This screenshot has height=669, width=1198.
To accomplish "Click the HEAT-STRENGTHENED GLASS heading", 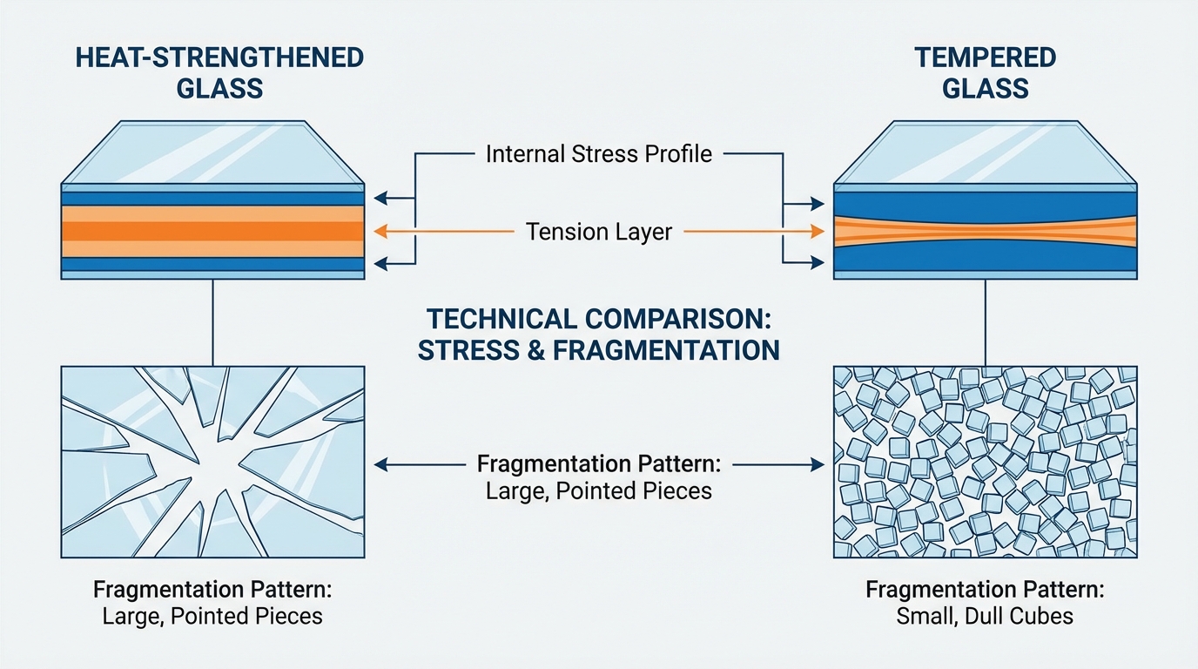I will [x=219, y=72].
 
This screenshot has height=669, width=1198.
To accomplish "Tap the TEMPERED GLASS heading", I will [x=985, y=72].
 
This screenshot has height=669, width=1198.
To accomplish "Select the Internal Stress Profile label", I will [x=599, y=154].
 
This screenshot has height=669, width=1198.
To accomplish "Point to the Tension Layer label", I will [x=599, y=232].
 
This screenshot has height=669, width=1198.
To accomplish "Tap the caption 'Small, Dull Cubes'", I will [x=985, y=617].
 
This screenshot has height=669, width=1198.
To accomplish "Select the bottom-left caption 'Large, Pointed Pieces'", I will [x=212, y=617].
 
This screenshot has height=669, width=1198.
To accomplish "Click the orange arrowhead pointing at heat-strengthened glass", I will [x=378, y=232].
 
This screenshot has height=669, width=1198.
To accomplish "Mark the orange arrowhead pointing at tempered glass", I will [x=818, y=232].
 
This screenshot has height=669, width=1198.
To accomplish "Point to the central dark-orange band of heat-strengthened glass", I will [x=212, y=231].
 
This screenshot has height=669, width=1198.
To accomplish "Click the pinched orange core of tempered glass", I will [x=985, y=231].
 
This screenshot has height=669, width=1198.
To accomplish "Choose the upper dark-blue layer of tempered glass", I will [x=985, y=203].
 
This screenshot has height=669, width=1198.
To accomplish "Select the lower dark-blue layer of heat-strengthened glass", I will [x=212, y=263].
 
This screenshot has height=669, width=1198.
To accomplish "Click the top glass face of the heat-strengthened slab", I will [x=212, y=153].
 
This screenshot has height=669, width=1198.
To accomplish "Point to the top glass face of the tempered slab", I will [x=985, y=153].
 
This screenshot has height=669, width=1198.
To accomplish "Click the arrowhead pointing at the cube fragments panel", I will [x=818, y=465].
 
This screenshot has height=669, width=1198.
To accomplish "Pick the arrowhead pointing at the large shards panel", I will [x=379, y=465].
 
